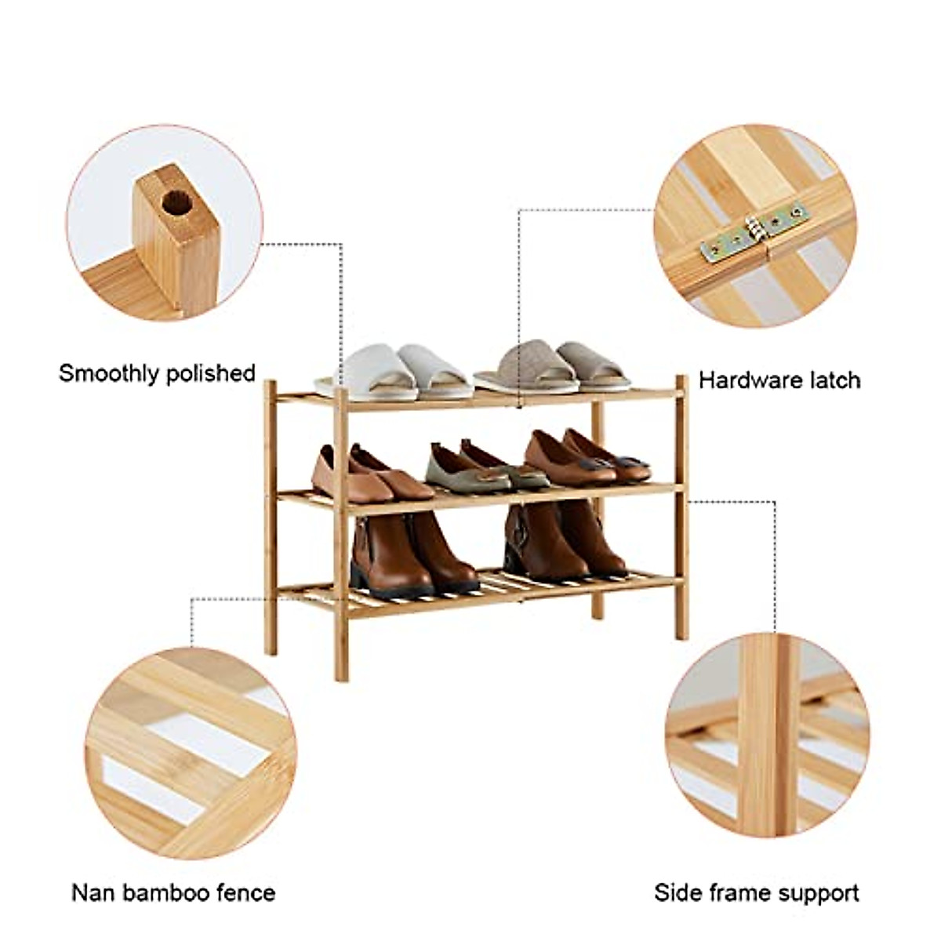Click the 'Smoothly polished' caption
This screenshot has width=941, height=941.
coord(157,373)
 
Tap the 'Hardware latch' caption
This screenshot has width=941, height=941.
coord(779,381)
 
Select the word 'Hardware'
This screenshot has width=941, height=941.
coord(748,381)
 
